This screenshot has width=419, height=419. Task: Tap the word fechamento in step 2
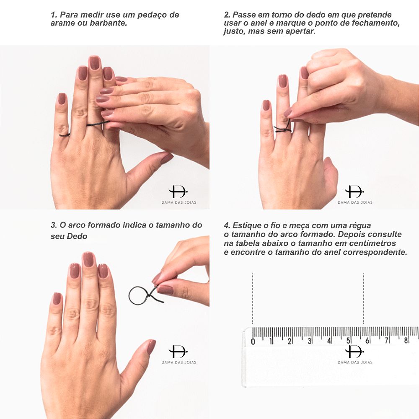(x=375, y=23)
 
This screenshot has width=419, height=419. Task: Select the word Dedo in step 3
(x=77, y=236)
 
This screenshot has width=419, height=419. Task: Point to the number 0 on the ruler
(x=253, y=341)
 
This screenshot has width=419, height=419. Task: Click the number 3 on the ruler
(x=310, y=341)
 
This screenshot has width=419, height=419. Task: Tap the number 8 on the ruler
(x=406, y=340)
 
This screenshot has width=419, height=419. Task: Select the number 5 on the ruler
(x=348, y=341)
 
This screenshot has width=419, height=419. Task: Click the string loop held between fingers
(x=129, y=295)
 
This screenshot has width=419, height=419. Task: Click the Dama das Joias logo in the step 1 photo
(x=179, y=195)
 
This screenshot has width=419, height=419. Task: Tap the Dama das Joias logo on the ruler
(x=355, y=354)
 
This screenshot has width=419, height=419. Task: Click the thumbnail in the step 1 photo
(x=166, y=158)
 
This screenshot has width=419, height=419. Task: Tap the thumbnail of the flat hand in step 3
(x=151, y=347)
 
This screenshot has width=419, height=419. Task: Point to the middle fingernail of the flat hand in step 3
(x=88, y=259)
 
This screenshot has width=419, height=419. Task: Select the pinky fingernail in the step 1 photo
(x=62, y=98)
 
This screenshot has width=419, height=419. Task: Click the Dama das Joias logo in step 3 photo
(x=179, y=354)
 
